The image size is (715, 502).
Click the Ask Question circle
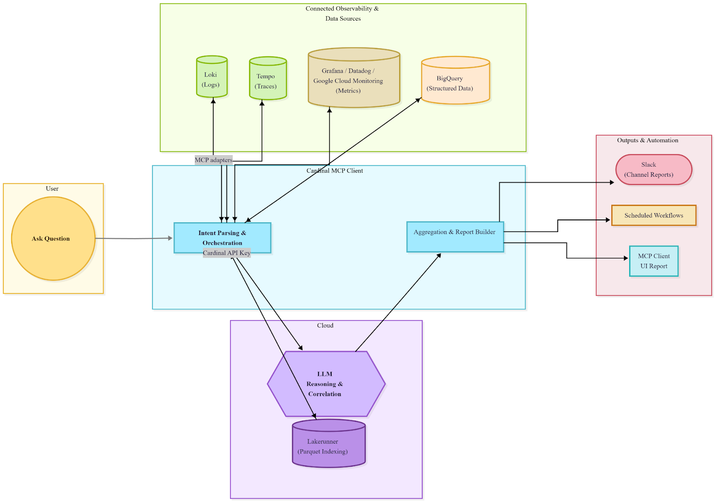point(53,239)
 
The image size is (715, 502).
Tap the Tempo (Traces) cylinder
point(268,80)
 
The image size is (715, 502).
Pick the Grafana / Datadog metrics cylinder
point(353,80)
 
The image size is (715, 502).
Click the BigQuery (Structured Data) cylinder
point(455,82)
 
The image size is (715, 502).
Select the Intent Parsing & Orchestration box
point(222,237)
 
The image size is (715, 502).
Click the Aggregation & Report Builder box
point(455,237)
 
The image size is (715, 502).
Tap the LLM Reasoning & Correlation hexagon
point(326,384)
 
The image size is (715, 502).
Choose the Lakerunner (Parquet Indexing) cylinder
point(328,446)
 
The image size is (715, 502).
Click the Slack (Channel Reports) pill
point(653,169)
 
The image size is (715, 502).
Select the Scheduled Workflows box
point(653,215)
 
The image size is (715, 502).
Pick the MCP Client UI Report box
point(653,261)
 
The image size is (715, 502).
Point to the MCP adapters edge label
point(214,160)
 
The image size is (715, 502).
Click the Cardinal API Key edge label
point(227,253)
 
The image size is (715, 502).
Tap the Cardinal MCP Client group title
point(335,171)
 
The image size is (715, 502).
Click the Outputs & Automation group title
point(648,140)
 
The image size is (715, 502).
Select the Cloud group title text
point(325,325)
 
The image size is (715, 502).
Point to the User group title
point(52,189)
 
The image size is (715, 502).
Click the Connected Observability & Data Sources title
point(342,13)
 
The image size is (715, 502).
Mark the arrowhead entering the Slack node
point(612,182)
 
